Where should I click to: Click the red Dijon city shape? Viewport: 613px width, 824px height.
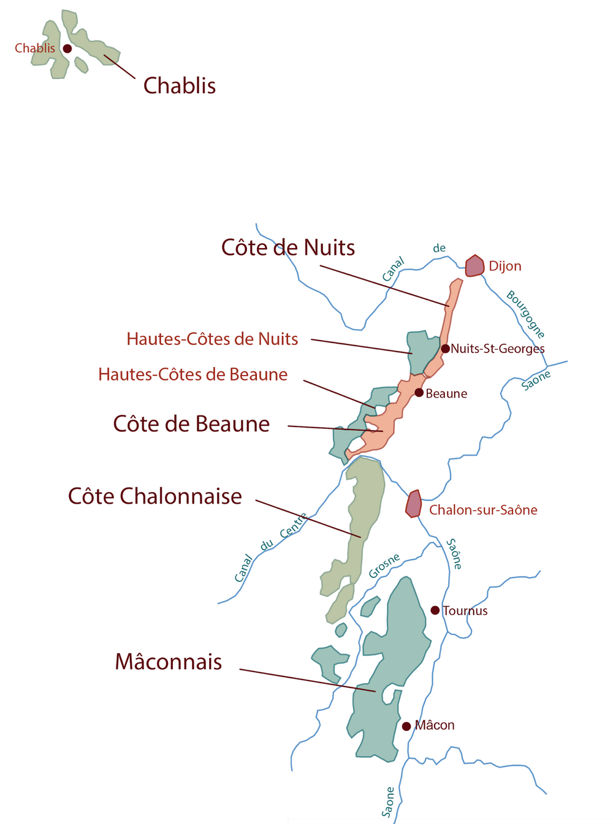pyautogui.click(x=474, y=266)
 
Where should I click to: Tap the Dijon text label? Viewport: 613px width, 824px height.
pyautogui.click(x=505, y=266)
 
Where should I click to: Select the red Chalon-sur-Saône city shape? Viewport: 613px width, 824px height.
pyautogui.click(x=414, y=504)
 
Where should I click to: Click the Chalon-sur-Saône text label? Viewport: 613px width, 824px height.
pyautogui.click(x=483, y=510)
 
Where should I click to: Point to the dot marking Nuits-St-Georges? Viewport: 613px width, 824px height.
pyautogui.click(x=446, y=349)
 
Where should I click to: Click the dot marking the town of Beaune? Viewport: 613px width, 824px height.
pyautogui.click(x=419, y=393)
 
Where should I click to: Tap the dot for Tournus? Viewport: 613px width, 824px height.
pyautogui.click(x=435, y=610)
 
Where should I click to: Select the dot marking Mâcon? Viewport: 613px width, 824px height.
pyautogui.click(x=406, y=726)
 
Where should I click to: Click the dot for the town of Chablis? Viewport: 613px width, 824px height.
pyautogui.click(x=67, y=48)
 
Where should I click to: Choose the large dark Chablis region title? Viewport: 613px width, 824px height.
pyautogui.click(x=180, y=86)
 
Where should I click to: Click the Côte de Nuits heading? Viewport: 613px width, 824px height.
pyautogui.click(x=288, y=248)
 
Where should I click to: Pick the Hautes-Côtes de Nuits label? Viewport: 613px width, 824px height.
pyautogui.click(x=212, y=339)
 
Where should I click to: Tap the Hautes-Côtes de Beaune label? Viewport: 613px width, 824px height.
pyautogui.click(x=192, y=374)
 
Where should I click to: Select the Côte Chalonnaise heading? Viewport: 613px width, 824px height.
pyautogui.click(x=155, y=496)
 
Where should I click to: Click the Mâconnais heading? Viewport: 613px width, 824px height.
pyautogui.click(x=169, y=662)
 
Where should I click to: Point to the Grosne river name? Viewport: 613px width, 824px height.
pyautogui.click(x=384, y=565)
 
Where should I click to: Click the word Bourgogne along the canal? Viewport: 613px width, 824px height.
pyautogui.click(x=525, y=314)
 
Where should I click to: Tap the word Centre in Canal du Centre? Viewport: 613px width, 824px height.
pyautogui.click(x=294, y=526)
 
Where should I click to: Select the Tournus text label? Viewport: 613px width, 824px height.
pyautogui.click(x=465, y=611)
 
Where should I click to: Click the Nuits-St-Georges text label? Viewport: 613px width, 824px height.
pyautogui.click(x=498, y=349)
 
